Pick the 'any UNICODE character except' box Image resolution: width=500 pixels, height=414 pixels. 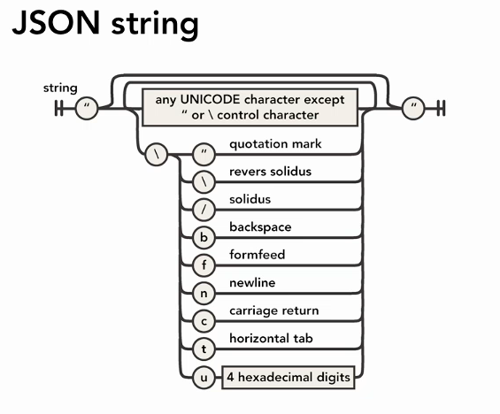pos(250,107)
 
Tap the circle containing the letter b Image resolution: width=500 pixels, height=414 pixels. pos(204,236)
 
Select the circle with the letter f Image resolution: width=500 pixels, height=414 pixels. pos(204,264)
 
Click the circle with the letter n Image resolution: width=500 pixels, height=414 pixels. pos(204,293)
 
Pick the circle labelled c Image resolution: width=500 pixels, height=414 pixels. pos(204,321)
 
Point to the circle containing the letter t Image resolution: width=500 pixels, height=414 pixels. pos(204,349)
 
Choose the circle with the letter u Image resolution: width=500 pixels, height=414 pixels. pos(204,378)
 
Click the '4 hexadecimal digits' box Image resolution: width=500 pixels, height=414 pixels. pos(288,378)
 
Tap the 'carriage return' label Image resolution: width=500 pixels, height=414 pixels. pos(273,311)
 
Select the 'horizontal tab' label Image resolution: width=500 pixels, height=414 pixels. pos(271,340)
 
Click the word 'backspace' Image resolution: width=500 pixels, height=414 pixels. pos(259,226)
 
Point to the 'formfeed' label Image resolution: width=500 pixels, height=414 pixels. pos(256,255)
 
